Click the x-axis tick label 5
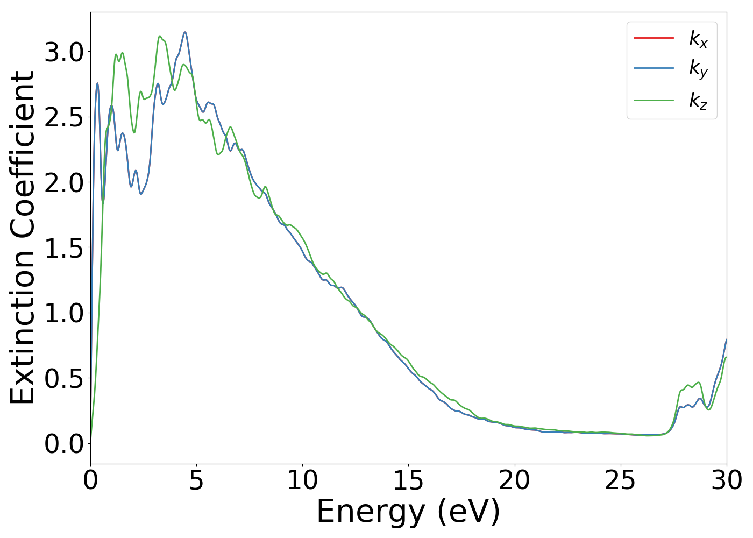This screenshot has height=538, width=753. pyautogui.click(x=196, y=480)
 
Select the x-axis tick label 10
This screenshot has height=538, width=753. pyautogui.click(x=302, y=480)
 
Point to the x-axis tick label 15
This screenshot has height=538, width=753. pyautogui.click(x=408, y=480)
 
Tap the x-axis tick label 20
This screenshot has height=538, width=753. pyautogui.click(x=514, y=480)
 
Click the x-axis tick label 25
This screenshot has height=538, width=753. pyautogui.click(x=620, y=480)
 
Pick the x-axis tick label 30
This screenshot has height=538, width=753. pyautogui.click(x=726, y=480)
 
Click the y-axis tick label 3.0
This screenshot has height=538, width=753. pyautogui.click(x=64, y=53)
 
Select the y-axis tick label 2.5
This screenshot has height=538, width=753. pyautogui.click(x=64, y=118)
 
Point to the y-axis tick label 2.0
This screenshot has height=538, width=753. pyautogui.click(x=64, y=183)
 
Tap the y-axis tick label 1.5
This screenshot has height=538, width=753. pyautogui.click(x=64, y=249)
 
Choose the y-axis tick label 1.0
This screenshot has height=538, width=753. pyautogui.click(x=64, y=314)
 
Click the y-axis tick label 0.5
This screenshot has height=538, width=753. pyautogui.click(x=64, y=379)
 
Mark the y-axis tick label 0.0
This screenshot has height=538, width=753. pyautogui.click(x=64, y=444)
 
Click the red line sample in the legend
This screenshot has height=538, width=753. pyautogui.click(x=653, y=38)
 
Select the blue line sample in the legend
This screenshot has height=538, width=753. pyautogui.click(x=653, y=68)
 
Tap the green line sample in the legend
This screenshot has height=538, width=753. pyautogui.click(x=653, y=100)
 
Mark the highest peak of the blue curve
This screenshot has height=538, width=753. pyautogui.click(x=185, y=32)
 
